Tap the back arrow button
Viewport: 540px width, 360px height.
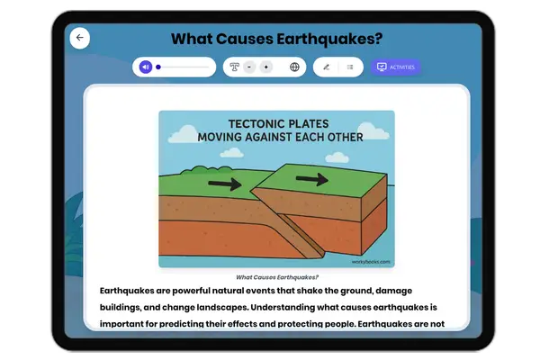point(79,38)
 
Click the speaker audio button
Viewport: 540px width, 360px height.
point(145,67)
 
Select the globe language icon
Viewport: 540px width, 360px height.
point(294,67)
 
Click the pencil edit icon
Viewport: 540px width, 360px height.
point(326,67)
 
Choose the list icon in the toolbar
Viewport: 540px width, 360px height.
point(349,67)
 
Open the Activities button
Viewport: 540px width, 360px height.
point(395,67)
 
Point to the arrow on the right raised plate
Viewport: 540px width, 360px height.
point(312,179)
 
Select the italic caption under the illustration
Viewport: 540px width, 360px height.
point(276,277)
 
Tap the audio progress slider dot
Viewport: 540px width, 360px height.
point(158,67)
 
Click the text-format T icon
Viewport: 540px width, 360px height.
point(235,67)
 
